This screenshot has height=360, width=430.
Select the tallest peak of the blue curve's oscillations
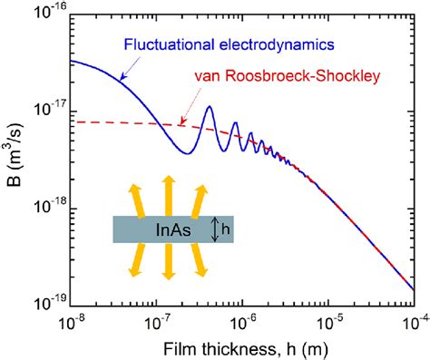click(x=209, y=107)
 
